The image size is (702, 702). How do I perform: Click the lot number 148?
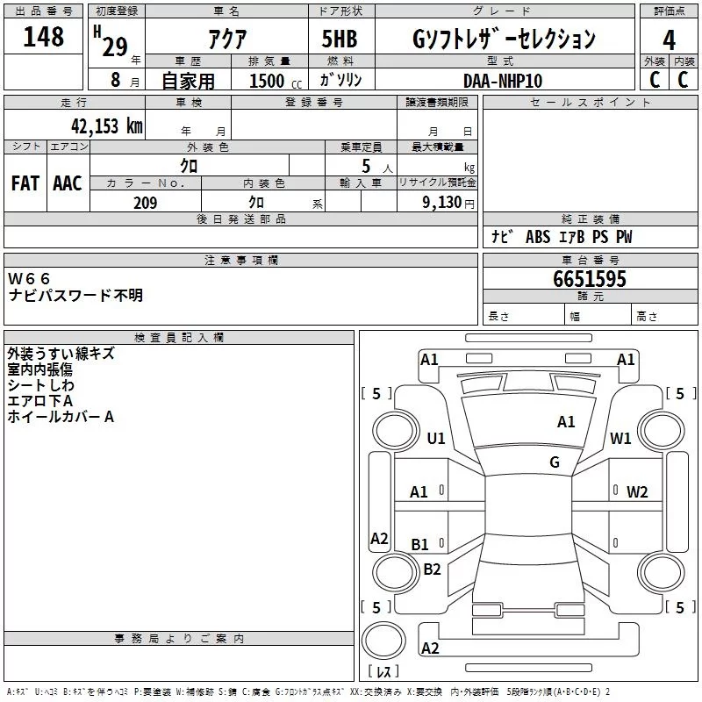[43, 36]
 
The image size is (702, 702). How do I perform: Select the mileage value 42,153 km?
[106, 125]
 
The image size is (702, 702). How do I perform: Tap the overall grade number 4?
[669, 40]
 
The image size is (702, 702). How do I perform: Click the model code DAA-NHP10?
[503, 81]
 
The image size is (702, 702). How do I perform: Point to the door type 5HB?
[340, 39]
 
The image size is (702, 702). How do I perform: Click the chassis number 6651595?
[589, 279]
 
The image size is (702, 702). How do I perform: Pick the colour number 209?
[145, 203]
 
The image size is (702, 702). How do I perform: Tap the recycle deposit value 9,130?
[442, 203]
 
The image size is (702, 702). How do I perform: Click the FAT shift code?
[25, 183]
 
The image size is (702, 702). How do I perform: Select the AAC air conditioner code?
[68, 183]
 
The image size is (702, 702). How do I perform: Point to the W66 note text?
[29, 279]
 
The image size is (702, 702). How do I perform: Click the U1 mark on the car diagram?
[436, 438]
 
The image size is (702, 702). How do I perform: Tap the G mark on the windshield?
[555, 462]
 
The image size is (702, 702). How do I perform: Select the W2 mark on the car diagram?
[637, 492]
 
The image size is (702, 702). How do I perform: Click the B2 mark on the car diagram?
[432, 569]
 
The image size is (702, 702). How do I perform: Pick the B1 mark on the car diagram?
[420, 544]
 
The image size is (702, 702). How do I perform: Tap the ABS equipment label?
[538, 237]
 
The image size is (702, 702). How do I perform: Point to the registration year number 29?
[115, 47]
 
